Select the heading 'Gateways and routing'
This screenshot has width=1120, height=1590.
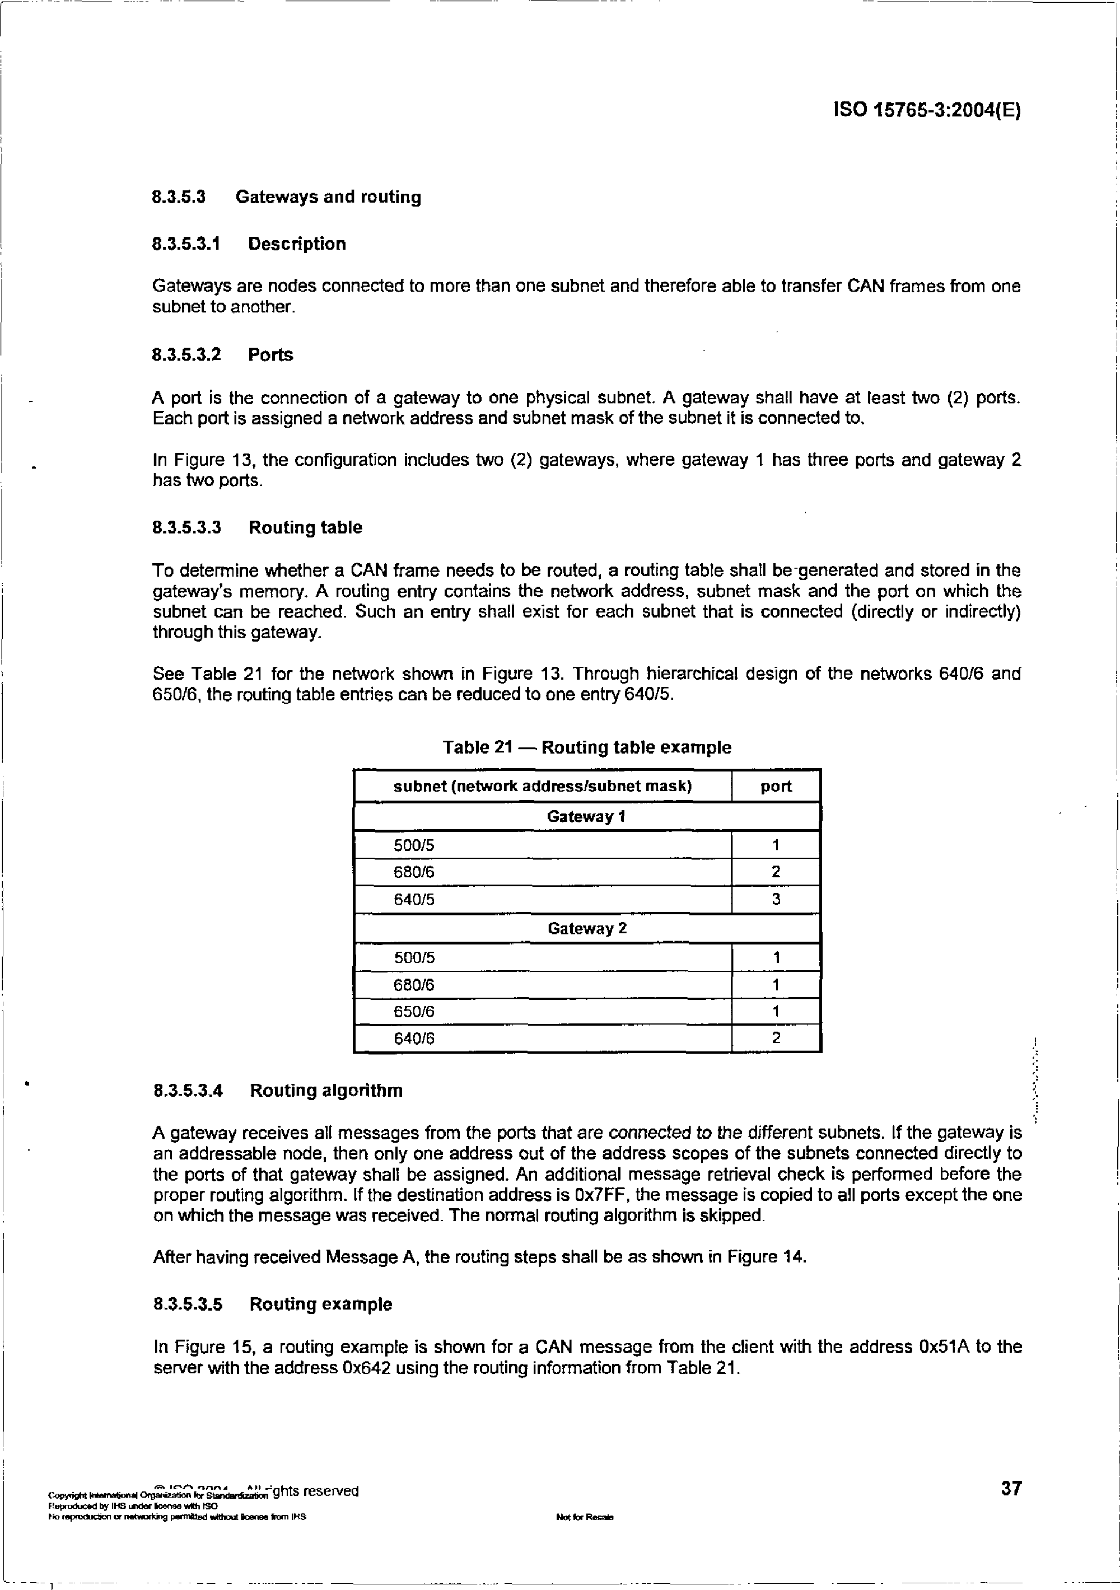coord(328,198)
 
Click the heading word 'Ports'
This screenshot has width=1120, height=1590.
coord(271,356)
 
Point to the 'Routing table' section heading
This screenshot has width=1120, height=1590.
coord(305,528)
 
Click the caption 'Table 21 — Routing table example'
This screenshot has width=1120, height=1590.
coord(587,748)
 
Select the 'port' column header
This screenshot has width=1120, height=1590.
coord(776,787)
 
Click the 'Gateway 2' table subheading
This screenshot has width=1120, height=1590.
coord(587,929)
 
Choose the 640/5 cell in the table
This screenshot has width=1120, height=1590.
coord(414,900)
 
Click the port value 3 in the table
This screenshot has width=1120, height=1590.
coord(776,900)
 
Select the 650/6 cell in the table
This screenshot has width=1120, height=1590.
coord(414,1012)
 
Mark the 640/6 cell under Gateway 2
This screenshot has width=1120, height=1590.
coord(414,1039)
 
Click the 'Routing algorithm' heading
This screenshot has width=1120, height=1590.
coord(326,1091)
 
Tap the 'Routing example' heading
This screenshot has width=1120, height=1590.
coord(321,1304)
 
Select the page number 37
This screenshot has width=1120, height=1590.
coord(1011,1488)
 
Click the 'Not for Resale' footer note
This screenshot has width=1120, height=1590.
coord(585,1517)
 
